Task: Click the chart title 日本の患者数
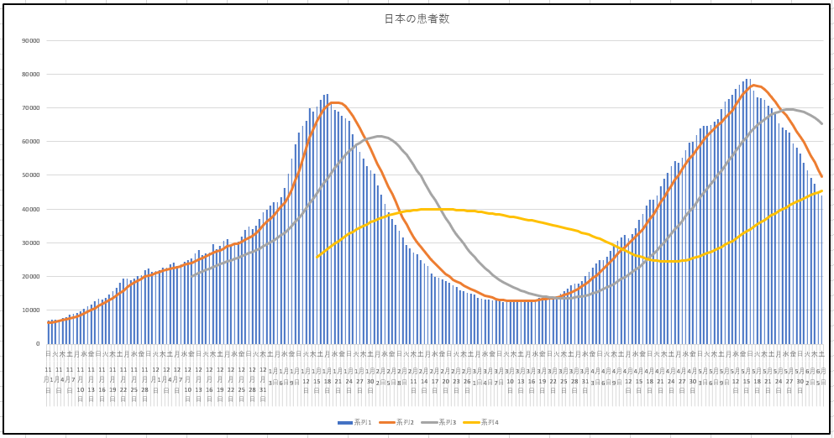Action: click(x=417, y=18)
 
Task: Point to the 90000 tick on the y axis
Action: click(x=31, y=40)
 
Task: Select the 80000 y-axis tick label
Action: click(x=31, y=74)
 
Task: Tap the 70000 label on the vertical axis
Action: click(x=31, y=108)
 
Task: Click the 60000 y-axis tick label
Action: click(x=31, y=142)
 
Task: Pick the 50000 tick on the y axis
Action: click(x=31, y=175)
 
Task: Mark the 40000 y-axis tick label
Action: click(x=31, y=209)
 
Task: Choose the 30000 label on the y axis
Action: click(x=31, y=242)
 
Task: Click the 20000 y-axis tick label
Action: click(x=31, y=277)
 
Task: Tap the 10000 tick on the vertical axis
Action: click(x=31, y=310)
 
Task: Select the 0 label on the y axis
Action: click(x=37, y=344)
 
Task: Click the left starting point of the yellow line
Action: click(x=317, y=258)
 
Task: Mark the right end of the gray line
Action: click(x=821, y=123)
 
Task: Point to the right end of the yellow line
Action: click(x=821, y=190)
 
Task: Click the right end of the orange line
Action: click(x=821, y=176)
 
